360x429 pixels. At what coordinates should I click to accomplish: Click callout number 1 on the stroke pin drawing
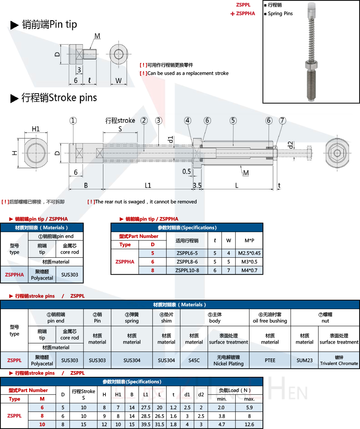[x=73, y=121]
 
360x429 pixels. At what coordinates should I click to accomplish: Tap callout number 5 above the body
[x=233, y=121]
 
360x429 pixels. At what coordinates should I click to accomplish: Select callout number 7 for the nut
[x=282, y=121]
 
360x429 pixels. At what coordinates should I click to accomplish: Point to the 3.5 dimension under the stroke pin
[x=197, y=185]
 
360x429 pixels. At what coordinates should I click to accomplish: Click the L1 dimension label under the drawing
[x=148, y=185]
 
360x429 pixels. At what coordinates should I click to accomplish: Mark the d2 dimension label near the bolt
[x=291, y=145]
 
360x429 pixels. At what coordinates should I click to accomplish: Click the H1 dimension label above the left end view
[x=36, y=129]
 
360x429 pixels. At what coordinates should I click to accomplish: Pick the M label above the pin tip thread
[x=97, y=36]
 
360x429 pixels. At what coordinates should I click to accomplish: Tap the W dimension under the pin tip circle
[x=118, y=81]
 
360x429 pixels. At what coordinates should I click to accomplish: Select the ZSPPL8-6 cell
[x=186, y=262]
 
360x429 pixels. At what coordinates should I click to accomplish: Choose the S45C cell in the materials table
[x=194, y=360]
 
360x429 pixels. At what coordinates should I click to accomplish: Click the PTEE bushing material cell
[x=270, y=360]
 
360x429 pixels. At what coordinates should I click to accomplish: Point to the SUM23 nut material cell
[x=305, y=360]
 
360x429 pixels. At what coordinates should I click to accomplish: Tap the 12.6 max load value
[x=249, y=424]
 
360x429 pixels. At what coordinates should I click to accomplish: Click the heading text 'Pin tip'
[x=63, y=24]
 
